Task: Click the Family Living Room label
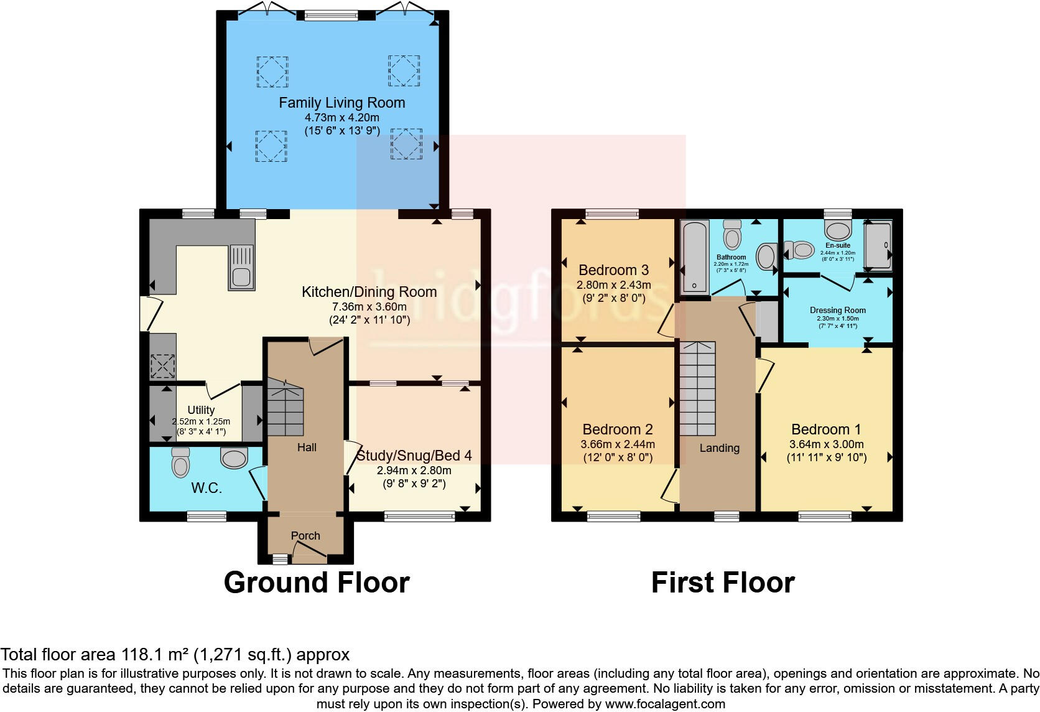341,103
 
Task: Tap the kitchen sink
242,267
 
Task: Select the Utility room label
201,410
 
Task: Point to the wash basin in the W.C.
234,459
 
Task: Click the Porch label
305,536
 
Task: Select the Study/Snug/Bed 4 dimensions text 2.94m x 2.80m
414,471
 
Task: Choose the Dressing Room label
837,310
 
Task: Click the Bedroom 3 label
613,270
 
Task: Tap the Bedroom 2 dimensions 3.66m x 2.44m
617,444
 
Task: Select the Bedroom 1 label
826,429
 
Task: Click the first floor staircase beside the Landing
697,389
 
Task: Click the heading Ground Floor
317,583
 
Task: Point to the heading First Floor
723,583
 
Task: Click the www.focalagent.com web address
664,704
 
